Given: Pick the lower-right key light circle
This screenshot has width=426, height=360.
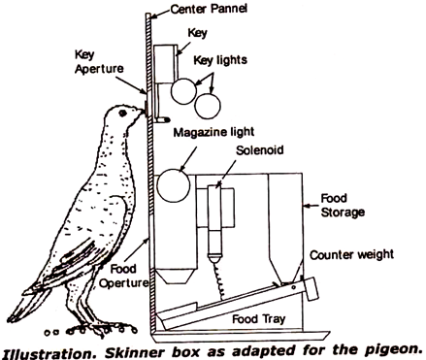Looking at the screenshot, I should pos(209,103).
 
